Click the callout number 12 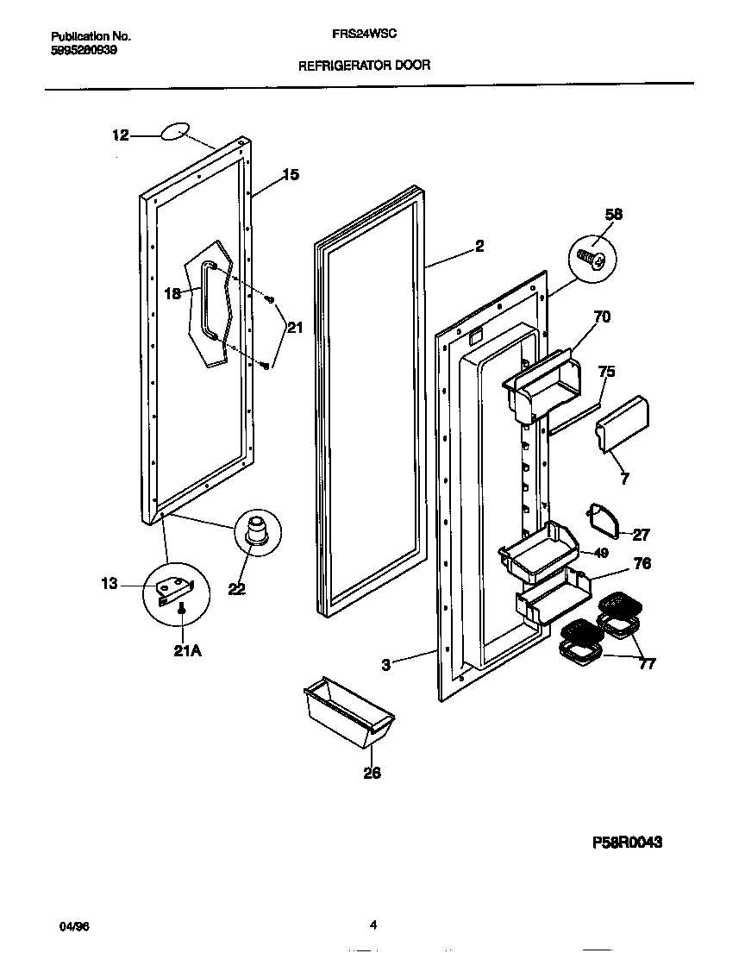[120, 135]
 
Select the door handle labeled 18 [206, 302]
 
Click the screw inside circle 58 [592, 257]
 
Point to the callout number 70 [602, 317]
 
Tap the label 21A [187, 650]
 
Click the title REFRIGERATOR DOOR [364, 65]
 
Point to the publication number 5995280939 [85, 50]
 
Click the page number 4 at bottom [373, 925]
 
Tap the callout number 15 [291, 175]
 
